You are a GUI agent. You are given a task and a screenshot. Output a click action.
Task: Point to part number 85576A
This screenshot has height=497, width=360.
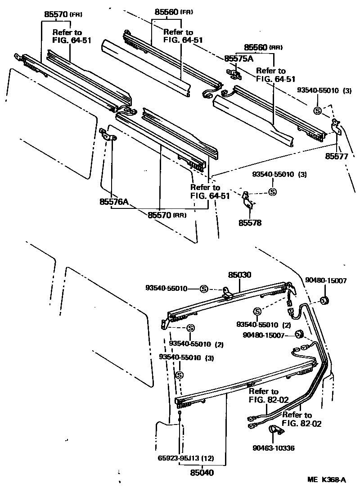coord(114,202)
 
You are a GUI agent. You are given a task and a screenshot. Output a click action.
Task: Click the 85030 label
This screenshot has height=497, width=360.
coord(239,274)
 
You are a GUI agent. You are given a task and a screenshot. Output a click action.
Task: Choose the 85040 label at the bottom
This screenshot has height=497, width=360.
coord(201,473)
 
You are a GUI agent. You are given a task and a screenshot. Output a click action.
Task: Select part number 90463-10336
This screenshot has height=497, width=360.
coord(274,448)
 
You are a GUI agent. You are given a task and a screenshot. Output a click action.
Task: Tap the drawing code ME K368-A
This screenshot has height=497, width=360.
coord(327,480)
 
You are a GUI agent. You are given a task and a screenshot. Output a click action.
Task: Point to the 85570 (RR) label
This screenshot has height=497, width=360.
coord(166,215)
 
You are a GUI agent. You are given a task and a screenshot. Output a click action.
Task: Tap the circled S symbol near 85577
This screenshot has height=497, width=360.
coord(318,110)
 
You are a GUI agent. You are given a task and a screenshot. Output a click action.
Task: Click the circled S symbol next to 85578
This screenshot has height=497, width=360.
coord(272,192)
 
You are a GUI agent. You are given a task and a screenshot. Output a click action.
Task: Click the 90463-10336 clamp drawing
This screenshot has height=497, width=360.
coord(274,430)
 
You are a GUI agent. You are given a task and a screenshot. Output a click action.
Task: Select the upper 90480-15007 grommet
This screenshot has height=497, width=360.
coord(323,300)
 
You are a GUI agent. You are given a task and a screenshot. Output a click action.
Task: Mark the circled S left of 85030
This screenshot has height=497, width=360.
coord(203,289)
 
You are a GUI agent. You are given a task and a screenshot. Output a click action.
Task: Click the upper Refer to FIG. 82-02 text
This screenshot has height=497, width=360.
coord(264,395)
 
